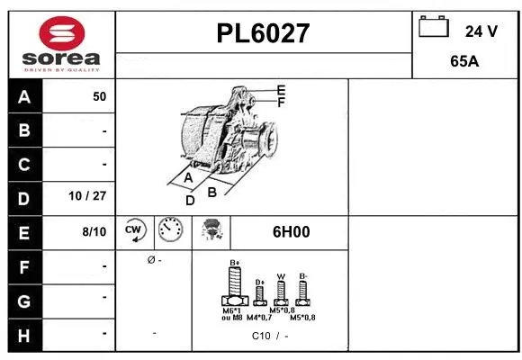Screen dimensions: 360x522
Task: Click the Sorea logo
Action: (x=61, y=45)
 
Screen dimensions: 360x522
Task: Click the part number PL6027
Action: (x=264, y=33)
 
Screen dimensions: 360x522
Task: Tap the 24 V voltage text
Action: (x=481, y=31)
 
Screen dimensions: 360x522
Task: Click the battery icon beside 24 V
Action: (x=434, y=28)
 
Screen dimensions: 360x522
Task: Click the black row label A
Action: (x=24, y=96)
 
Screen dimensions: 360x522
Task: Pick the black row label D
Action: (x=24, y=197)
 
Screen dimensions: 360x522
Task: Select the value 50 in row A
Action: (x=99, y=96)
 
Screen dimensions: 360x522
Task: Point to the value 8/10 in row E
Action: (x=94, y=231)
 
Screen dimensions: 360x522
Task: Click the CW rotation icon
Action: (x=135, y=231)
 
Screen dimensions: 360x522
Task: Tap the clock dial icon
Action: (x=169, y=231)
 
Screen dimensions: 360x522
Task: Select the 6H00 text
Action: (x=291, y=231)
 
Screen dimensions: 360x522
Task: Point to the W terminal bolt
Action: (x=281, y=291)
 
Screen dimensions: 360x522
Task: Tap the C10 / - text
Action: (x=270, y=337)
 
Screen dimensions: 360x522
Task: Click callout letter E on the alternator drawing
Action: (x=281, y=90)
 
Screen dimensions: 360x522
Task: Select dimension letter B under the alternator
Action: (x=212, y=191)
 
